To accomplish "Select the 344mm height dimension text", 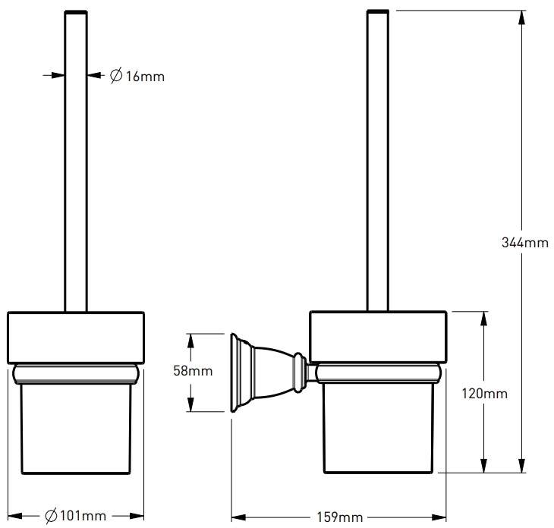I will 524,244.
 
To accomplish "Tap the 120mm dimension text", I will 484,394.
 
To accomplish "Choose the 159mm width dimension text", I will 338,517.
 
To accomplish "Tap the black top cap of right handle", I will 378,12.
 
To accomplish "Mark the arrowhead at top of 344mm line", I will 522,17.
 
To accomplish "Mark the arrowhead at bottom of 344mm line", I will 522,469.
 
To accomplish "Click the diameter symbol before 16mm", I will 116,76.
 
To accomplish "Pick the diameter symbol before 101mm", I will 51,517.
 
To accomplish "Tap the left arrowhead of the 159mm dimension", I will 236,516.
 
